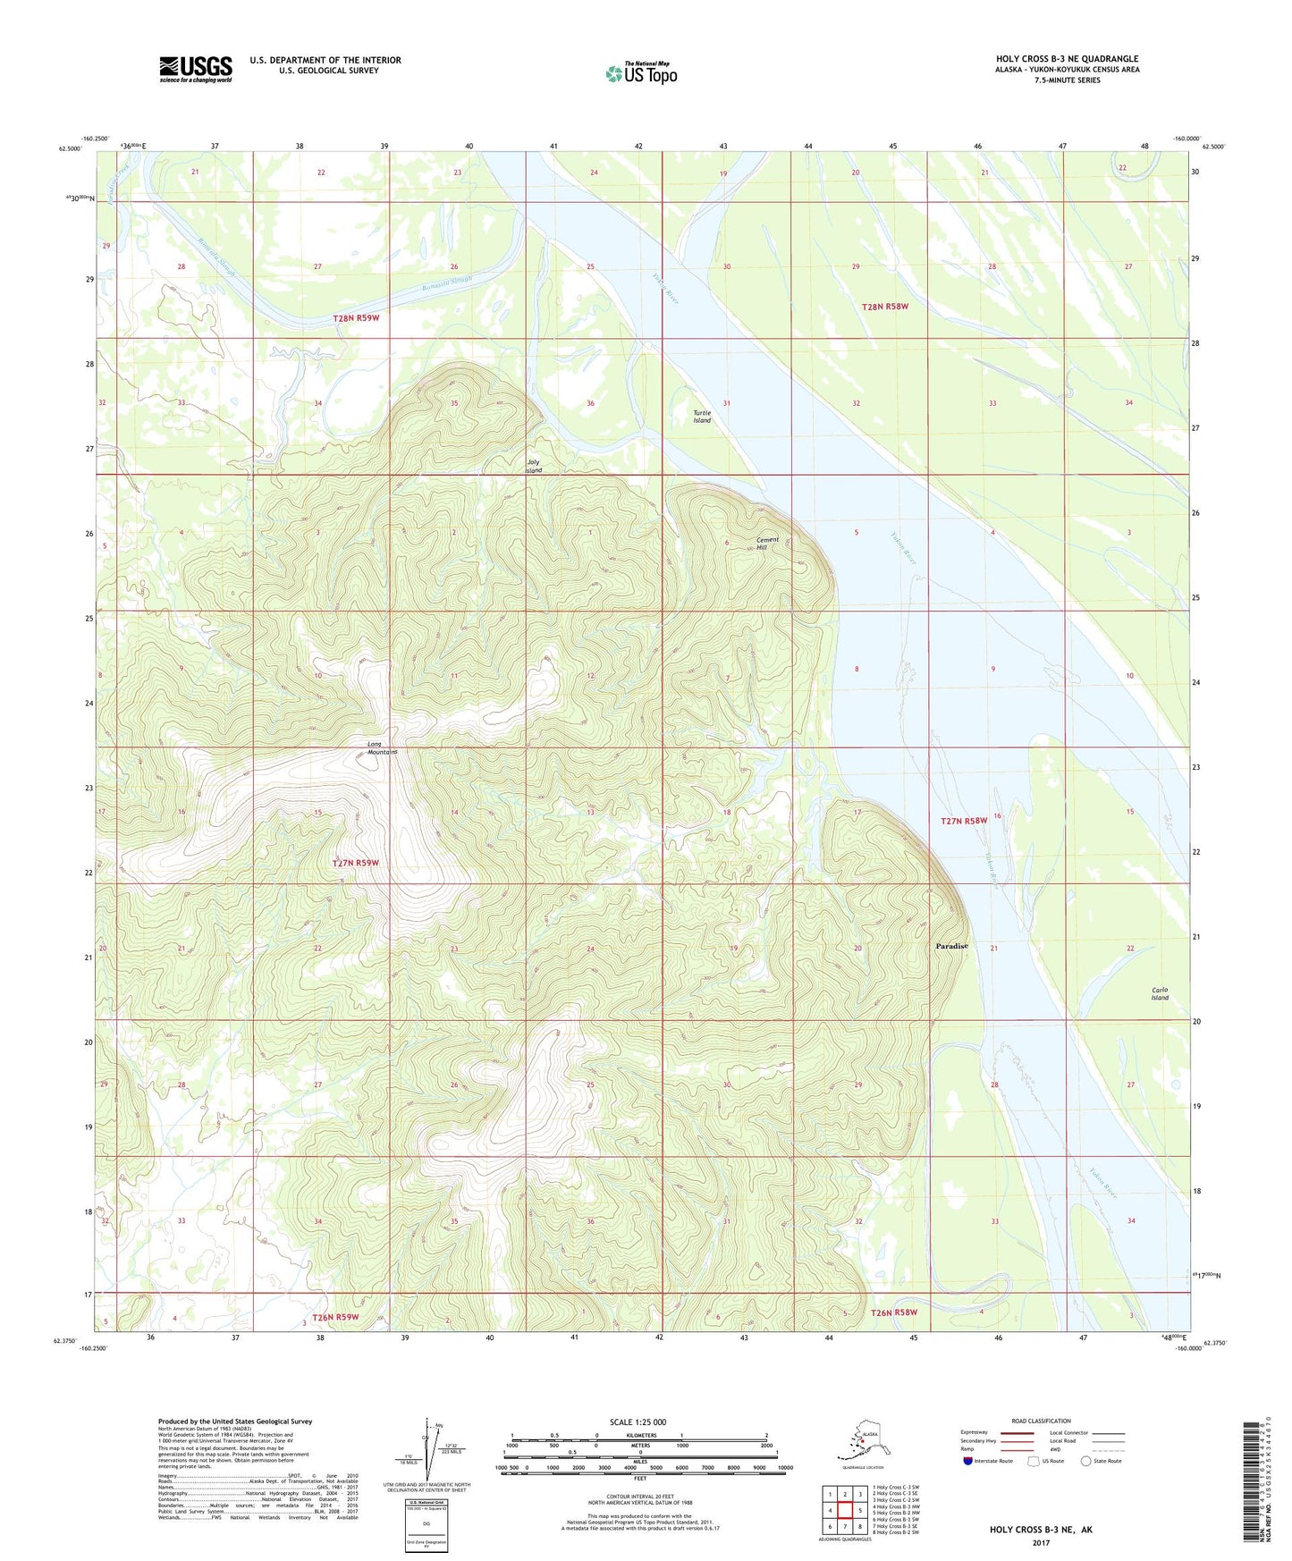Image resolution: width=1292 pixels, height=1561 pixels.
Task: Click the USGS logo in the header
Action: click(x=195, y=69)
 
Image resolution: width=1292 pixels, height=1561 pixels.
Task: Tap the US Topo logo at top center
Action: click(x=640, y=73)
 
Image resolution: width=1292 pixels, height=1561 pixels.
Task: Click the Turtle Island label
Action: click(x=702, y=417)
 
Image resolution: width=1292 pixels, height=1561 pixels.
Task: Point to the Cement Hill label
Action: click(x=767, y=544)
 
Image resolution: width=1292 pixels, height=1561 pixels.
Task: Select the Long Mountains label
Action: click(x=382, y=748)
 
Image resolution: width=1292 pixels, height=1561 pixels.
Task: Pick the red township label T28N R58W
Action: click(x=884, y=307)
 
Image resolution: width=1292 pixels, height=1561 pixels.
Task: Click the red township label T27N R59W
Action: click(x=356, y=863)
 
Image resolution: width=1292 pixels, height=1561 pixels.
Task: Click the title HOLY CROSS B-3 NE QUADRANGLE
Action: click(x=1067, y=59)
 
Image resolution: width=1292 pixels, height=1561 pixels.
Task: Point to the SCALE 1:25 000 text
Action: click(x=638, y=1422)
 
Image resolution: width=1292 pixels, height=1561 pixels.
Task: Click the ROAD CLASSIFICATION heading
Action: click(x=1041, y=1421)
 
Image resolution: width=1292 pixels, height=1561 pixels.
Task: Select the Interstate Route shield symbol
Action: click(x=967, y=1461)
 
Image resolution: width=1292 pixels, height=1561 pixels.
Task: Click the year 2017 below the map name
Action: click(x=1040, y=1542)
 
